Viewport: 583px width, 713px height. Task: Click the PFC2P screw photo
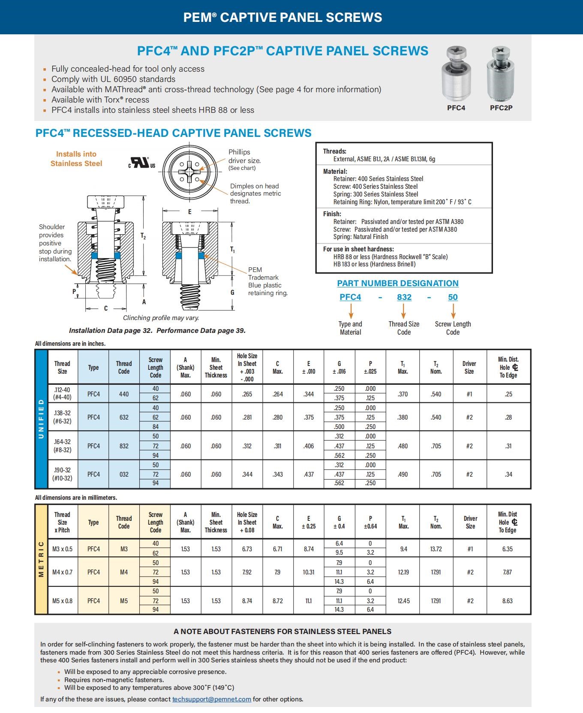point(501,74)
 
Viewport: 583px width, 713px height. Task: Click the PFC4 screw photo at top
point(456,74)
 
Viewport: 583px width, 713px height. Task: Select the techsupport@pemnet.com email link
point(211,699)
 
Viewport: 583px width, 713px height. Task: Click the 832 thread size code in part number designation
point(404,297)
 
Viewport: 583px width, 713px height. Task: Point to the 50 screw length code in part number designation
point(453,297)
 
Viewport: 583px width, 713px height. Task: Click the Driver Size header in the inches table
point(469,367)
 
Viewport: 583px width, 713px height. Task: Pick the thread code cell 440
point(124,394)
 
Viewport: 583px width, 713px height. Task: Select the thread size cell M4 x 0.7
point(62,572)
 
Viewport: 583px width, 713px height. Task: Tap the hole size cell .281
point(247,417)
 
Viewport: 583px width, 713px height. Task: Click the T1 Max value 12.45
point(403,601)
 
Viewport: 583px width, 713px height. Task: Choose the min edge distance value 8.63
point(507,601)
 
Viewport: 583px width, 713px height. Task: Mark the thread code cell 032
point(124,474)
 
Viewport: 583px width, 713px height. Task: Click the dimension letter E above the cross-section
point(189,211)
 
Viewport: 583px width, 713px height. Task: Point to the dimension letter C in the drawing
point(106,308)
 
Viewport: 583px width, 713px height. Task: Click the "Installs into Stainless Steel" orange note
point(76,159)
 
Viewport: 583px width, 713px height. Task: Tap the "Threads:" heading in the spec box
point(334,151)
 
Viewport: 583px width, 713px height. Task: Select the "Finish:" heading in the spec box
point(332,214)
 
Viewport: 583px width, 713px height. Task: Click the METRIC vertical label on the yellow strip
point(41,559)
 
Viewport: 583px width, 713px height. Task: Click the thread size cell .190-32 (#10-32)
point(62,474)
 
